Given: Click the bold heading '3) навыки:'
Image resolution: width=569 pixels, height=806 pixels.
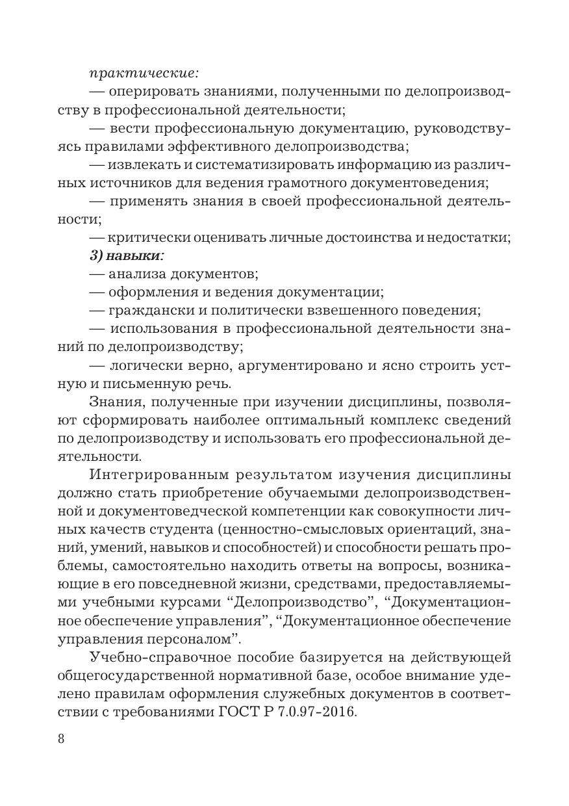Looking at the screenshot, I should (127, 256).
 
